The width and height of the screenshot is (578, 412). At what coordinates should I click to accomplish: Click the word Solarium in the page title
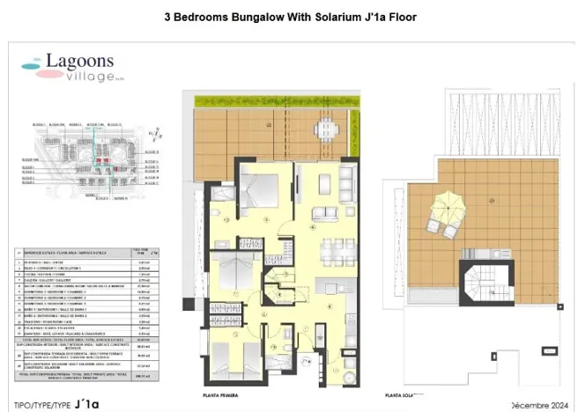coord(328,17)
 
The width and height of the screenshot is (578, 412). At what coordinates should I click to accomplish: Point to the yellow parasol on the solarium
coord(440,212)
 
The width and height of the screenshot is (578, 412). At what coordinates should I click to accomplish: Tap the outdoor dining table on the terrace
coord(326,129)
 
